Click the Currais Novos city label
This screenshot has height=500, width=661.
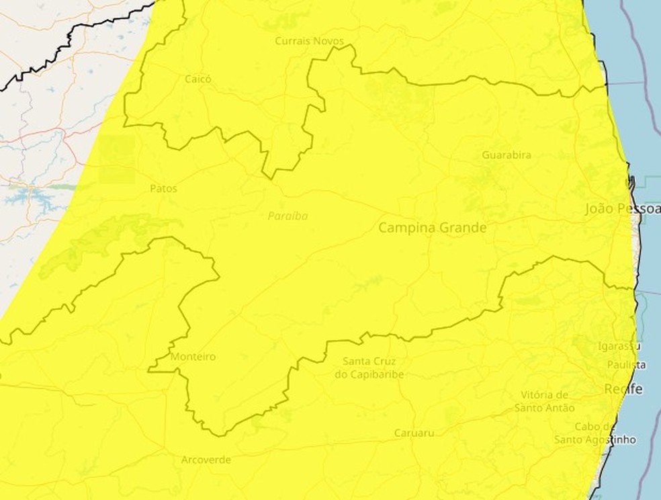pos(309,41)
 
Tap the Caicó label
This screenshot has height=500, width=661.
pos(197,79)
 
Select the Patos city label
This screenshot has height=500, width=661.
pos(163,189)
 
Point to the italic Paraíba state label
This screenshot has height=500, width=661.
pos(288,216)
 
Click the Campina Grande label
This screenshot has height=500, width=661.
pos(432,228)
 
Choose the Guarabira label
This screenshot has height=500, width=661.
pos(506,155)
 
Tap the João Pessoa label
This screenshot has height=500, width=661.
pos(623,208)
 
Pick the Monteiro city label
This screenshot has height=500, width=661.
pos(193,356)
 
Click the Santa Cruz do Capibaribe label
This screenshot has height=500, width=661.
pos(369,368)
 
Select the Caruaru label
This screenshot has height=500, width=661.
pos(414,432)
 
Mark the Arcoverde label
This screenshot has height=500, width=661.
pos(206,460)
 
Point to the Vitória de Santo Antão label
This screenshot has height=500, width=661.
pos(545,401)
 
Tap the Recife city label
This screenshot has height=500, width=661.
pos(623,389)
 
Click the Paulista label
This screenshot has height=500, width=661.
pos(626,365)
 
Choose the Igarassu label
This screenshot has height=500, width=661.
pos(619,346)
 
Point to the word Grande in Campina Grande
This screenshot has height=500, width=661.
pos(462,228)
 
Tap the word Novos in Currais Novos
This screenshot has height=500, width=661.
pos(328,41)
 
